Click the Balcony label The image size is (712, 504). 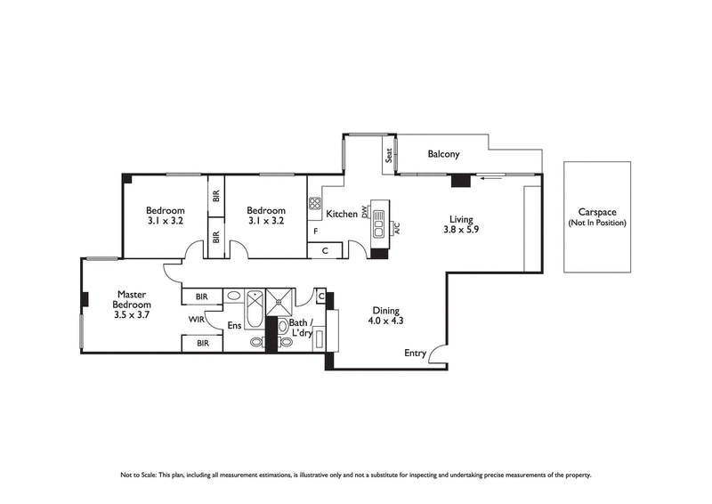[443, 154]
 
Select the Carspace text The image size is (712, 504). [596, 212]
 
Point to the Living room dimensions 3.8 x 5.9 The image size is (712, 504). [460, 230]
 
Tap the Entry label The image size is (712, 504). [415, 353]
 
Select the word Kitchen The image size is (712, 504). [342, 215]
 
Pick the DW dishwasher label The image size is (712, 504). [365, 214]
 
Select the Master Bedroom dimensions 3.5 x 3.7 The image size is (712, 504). [132, 314]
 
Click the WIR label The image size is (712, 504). [197, 319]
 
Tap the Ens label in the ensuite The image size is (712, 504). [235, 326]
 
